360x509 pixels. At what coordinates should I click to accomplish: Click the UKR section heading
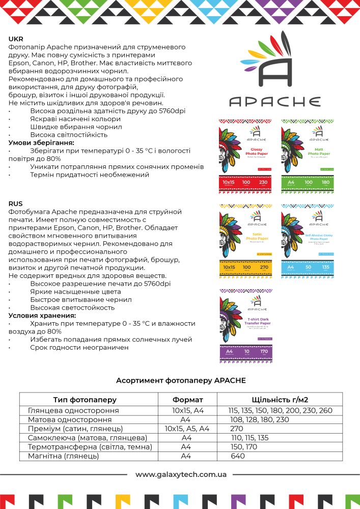pos(16,39)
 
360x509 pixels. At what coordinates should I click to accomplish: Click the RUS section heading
pos(16,204)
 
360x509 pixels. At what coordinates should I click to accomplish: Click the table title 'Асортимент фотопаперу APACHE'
pos(181,380)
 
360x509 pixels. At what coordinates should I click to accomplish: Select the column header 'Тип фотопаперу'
pos(85,400)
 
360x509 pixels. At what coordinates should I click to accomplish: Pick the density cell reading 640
pos(238,456)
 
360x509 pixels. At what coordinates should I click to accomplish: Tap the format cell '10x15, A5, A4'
pos(187,429)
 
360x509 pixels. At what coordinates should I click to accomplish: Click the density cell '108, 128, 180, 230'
pos(260,419)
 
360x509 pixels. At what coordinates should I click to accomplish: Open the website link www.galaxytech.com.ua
pos(181,474)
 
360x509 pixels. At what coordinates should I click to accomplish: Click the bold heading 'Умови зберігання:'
pos(41,143)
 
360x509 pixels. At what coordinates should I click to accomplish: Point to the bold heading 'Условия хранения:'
pos(42,316)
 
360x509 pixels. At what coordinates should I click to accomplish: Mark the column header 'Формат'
pos(187,400)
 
